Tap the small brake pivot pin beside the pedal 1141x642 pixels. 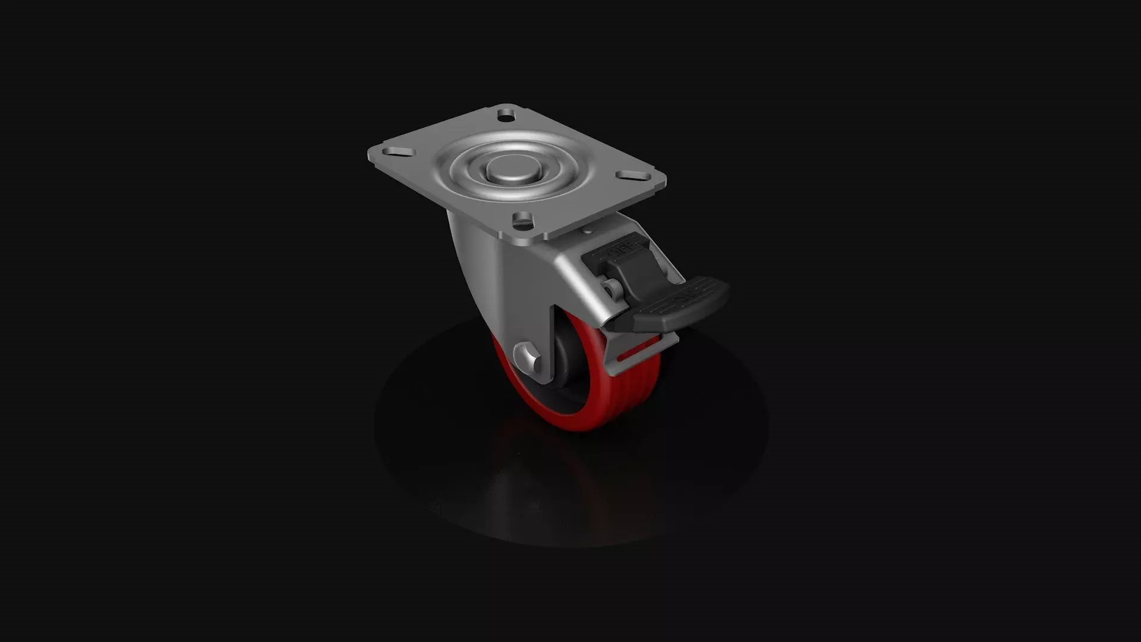tap(609, 288)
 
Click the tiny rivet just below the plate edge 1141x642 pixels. tap(587, 230)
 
